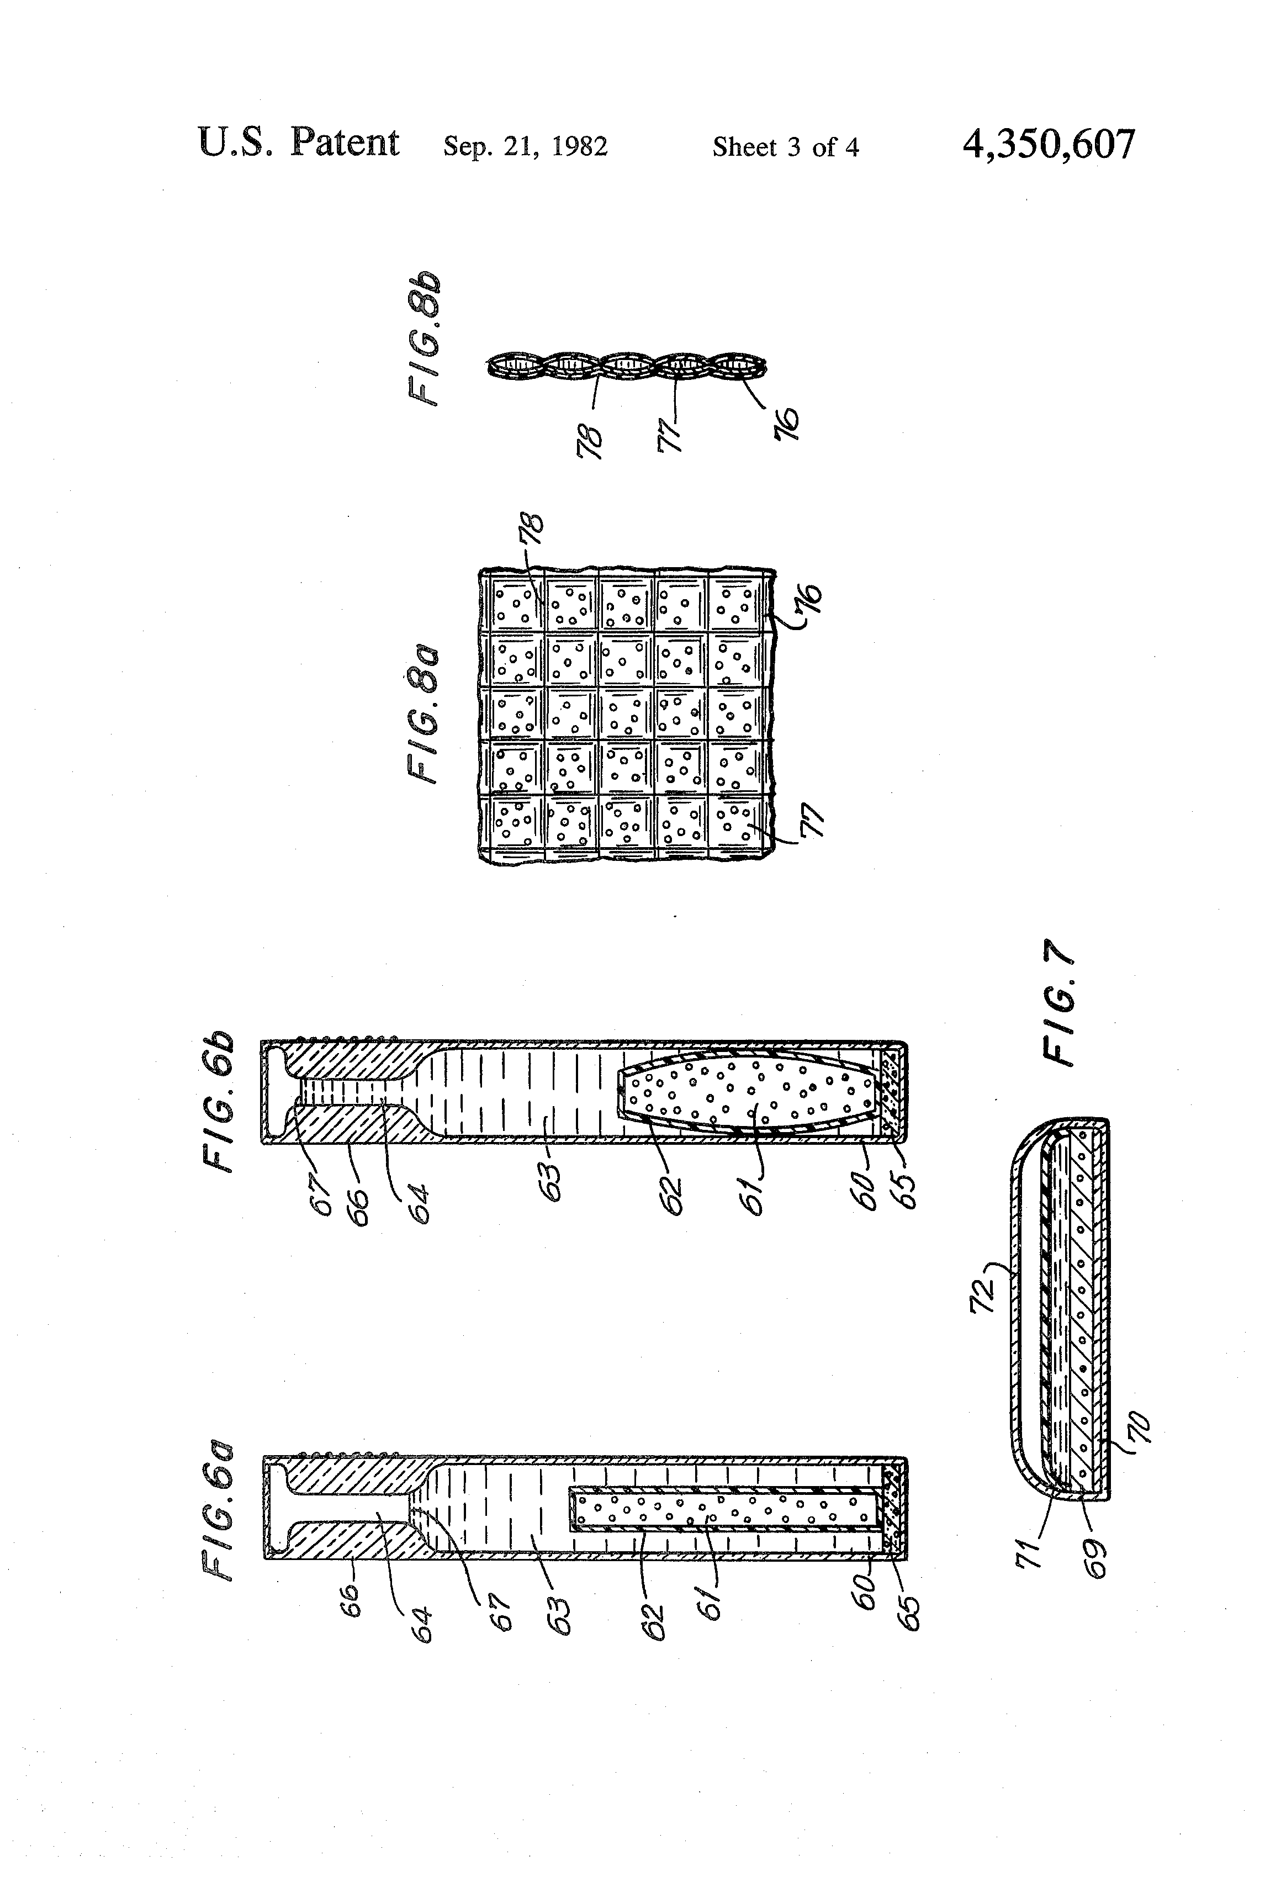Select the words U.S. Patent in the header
pos(298,144)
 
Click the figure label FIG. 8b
pos(424,338)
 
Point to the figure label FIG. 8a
pos(424,713)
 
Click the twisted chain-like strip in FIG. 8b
pos(626,366)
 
